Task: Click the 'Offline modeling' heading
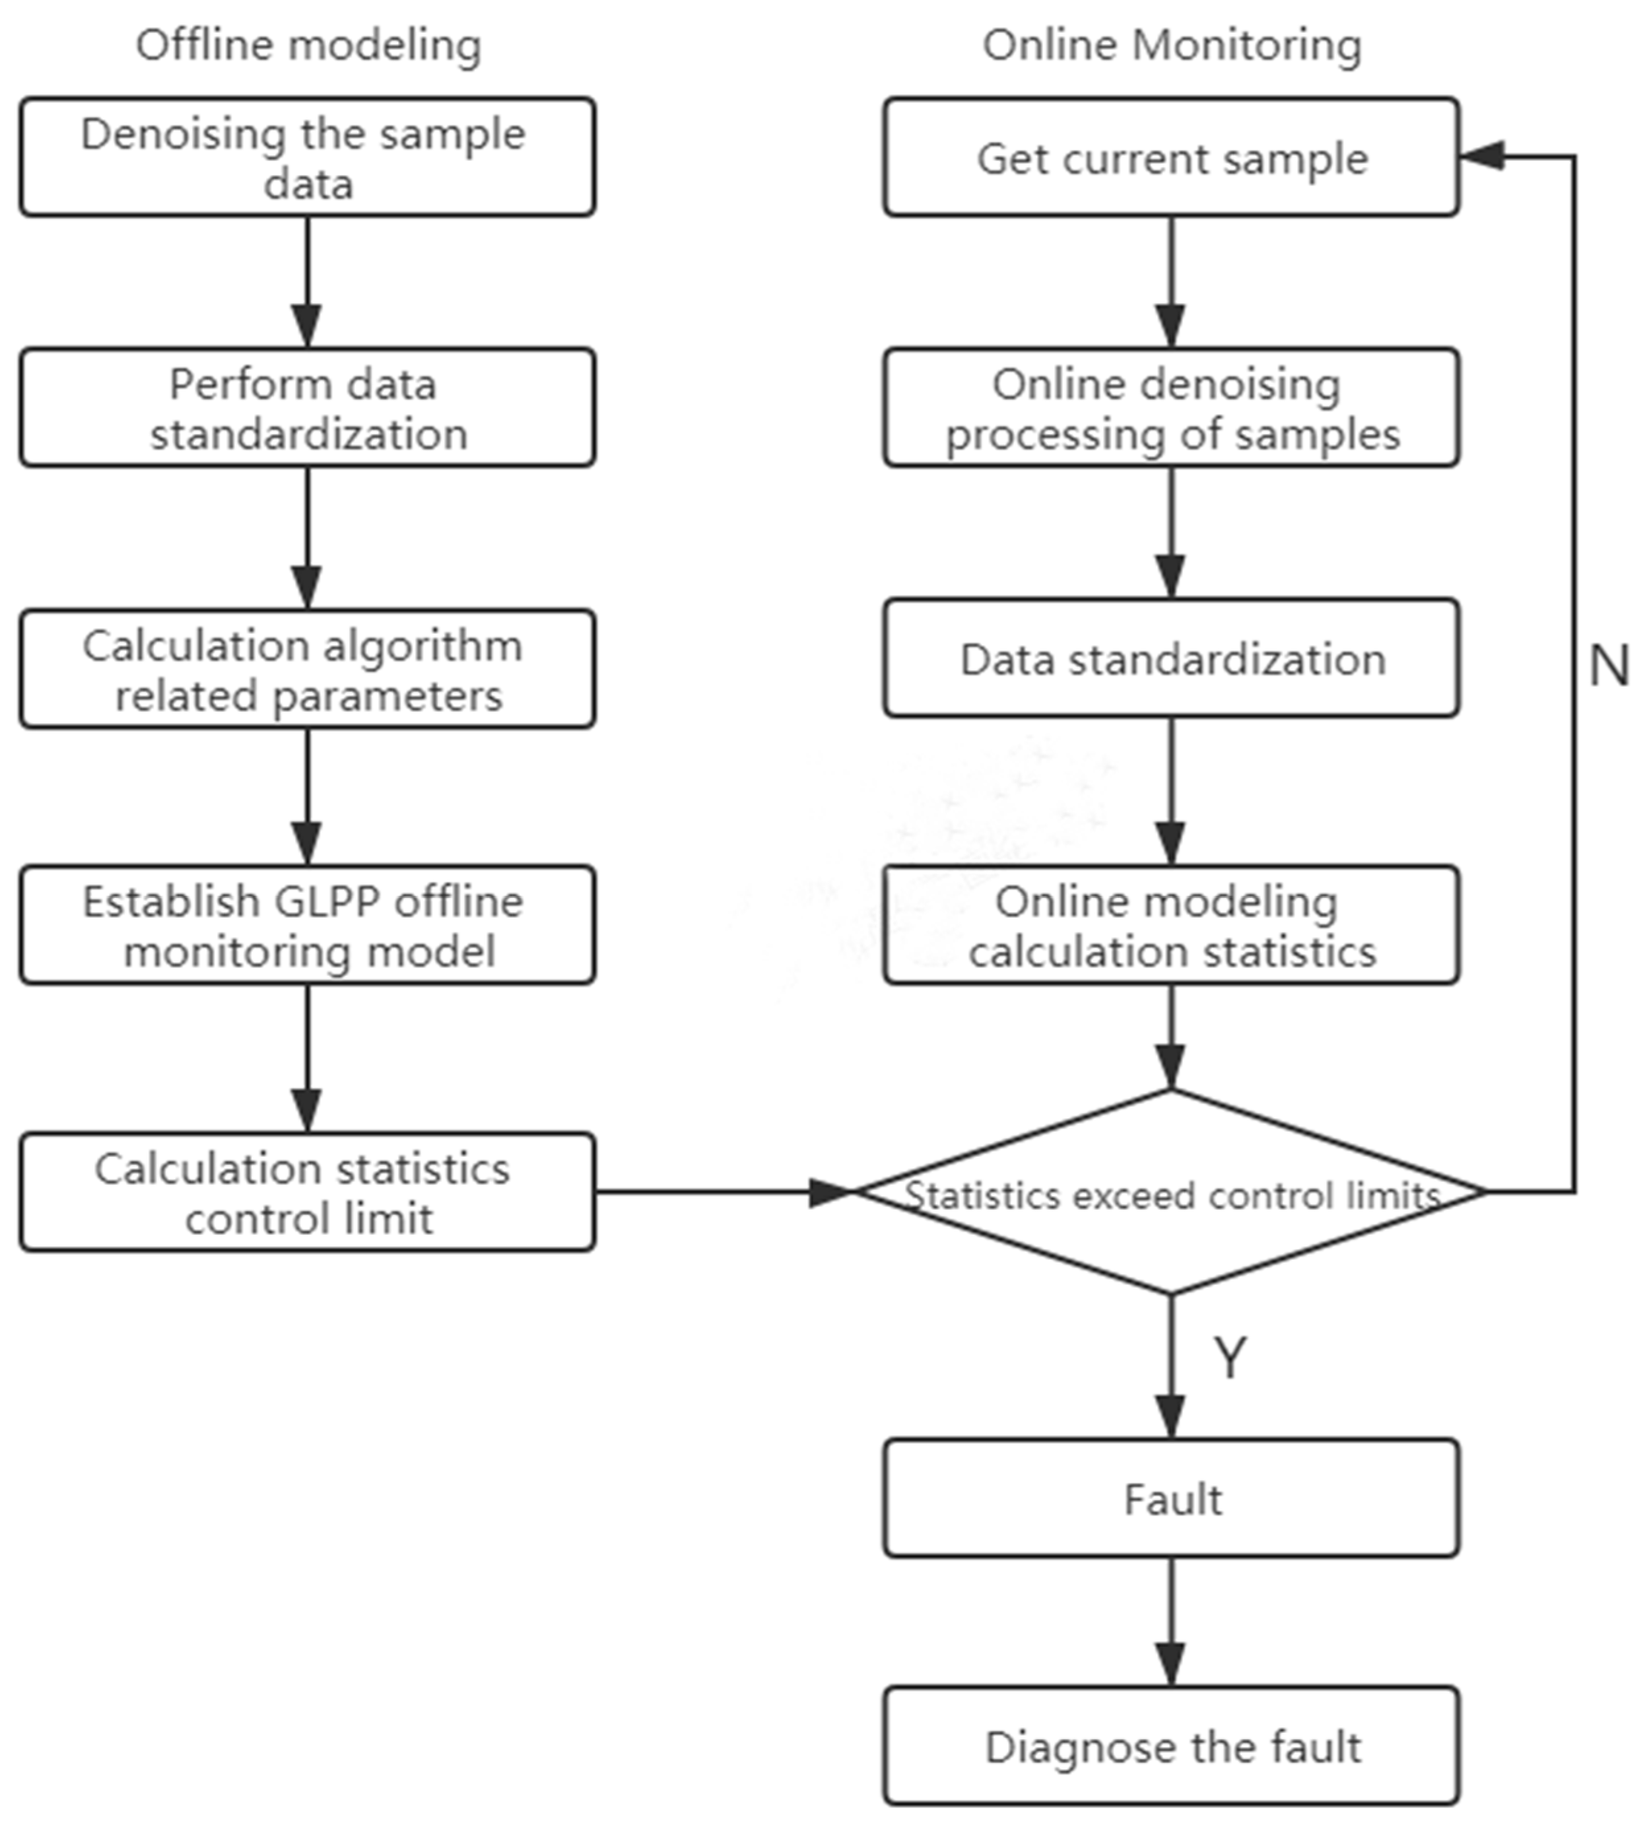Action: [308, 46]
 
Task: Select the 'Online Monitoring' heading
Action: [1171, 46]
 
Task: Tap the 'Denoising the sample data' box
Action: [308, 157]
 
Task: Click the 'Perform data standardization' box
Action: [308, 407]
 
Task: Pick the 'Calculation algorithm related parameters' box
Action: [308, 669]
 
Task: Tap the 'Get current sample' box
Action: [1171, 157]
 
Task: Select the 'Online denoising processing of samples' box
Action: [1171, 407]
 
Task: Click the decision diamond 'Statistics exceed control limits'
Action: [1171, 1193]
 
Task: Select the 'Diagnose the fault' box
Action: [1171, 1746]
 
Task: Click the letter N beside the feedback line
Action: [1608, 665]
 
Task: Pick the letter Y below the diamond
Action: [1230, 1358]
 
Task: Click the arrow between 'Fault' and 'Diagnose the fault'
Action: [1171, 1624]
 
